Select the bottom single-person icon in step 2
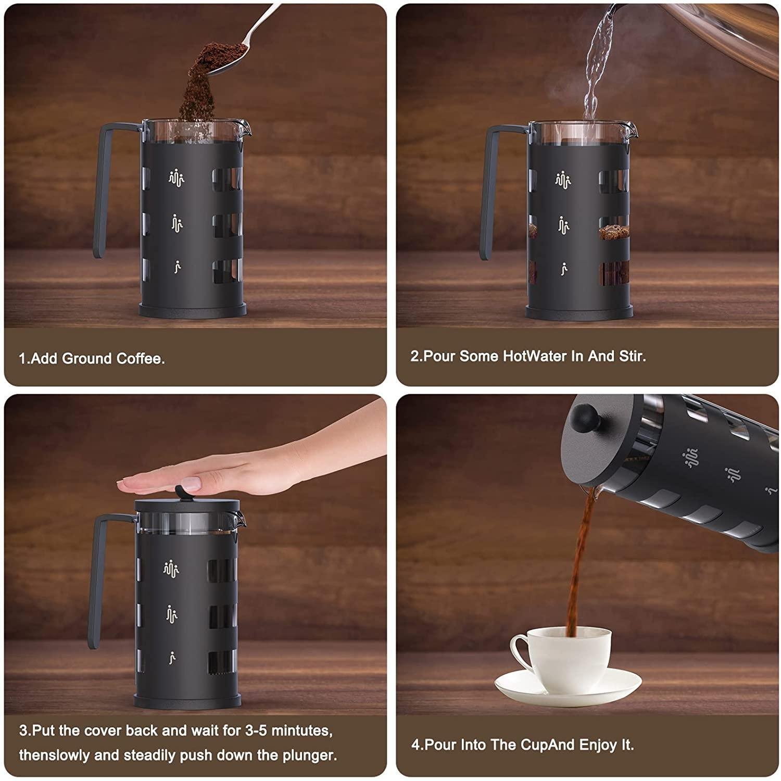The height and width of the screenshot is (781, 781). coord(564,269)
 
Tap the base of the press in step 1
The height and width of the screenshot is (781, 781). coord(192,310)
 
